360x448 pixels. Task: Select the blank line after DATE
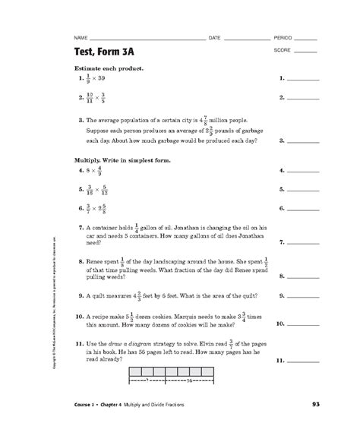(x=246, y=38)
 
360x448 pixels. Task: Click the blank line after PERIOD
(x=305, y=38)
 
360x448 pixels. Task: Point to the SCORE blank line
(x=305, y=52)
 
